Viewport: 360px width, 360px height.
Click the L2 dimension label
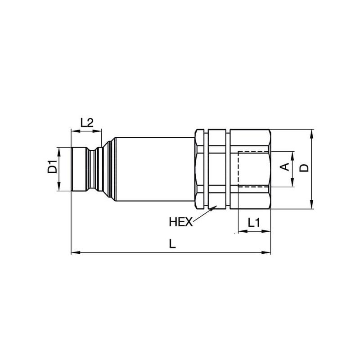pyautogui.click(x=87, y=122)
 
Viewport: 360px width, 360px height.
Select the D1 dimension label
pyautogui.click(x=52, y=167)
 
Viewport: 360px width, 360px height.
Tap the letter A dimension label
pyautogui.click(x=285, y=167)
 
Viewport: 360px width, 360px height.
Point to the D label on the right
pyautogui.click(x=305, y=168)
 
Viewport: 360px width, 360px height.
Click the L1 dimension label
pyautogui.click(x=254, y=222)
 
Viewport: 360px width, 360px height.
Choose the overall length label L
pyautogui.click(x=172, y=243)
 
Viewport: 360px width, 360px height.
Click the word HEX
pyautogui.click(x=181, y=222)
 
